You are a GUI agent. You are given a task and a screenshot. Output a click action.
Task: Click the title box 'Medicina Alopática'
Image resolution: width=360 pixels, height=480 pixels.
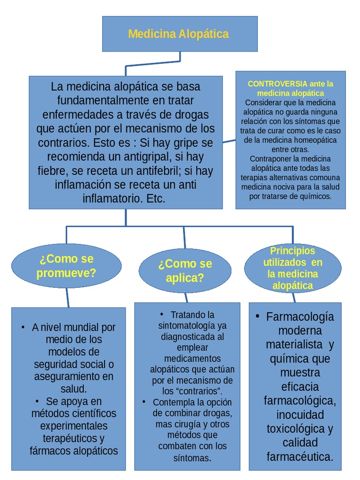pos(180,34)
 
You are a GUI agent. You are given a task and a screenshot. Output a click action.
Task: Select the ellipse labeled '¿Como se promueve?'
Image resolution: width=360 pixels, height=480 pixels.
pos(66,266)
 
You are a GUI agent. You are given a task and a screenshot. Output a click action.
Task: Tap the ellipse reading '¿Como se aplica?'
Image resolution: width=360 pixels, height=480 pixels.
pos(185,270)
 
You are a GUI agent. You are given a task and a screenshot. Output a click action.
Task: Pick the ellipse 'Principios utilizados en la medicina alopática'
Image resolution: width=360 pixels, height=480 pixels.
pos(292,268)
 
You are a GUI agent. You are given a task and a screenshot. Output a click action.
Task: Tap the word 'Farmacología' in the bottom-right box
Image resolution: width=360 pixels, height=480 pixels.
pos(300,317)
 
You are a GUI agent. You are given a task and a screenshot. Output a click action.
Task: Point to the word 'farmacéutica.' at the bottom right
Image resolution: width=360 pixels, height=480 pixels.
pos(300,457)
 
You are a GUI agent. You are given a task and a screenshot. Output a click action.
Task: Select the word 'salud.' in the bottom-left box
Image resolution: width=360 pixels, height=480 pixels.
pos(74,389)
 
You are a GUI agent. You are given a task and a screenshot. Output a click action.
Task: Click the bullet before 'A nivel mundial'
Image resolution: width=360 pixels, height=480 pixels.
pos(23,327)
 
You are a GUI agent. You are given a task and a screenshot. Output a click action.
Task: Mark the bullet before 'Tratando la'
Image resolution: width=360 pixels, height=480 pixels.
pos(162,314)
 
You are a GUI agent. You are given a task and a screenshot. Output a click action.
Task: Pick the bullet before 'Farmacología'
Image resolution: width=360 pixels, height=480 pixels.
pos(257,316)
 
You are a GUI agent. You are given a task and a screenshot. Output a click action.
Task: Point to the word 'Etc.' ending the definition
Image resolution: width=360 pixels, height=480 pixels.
pos(156,198)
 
